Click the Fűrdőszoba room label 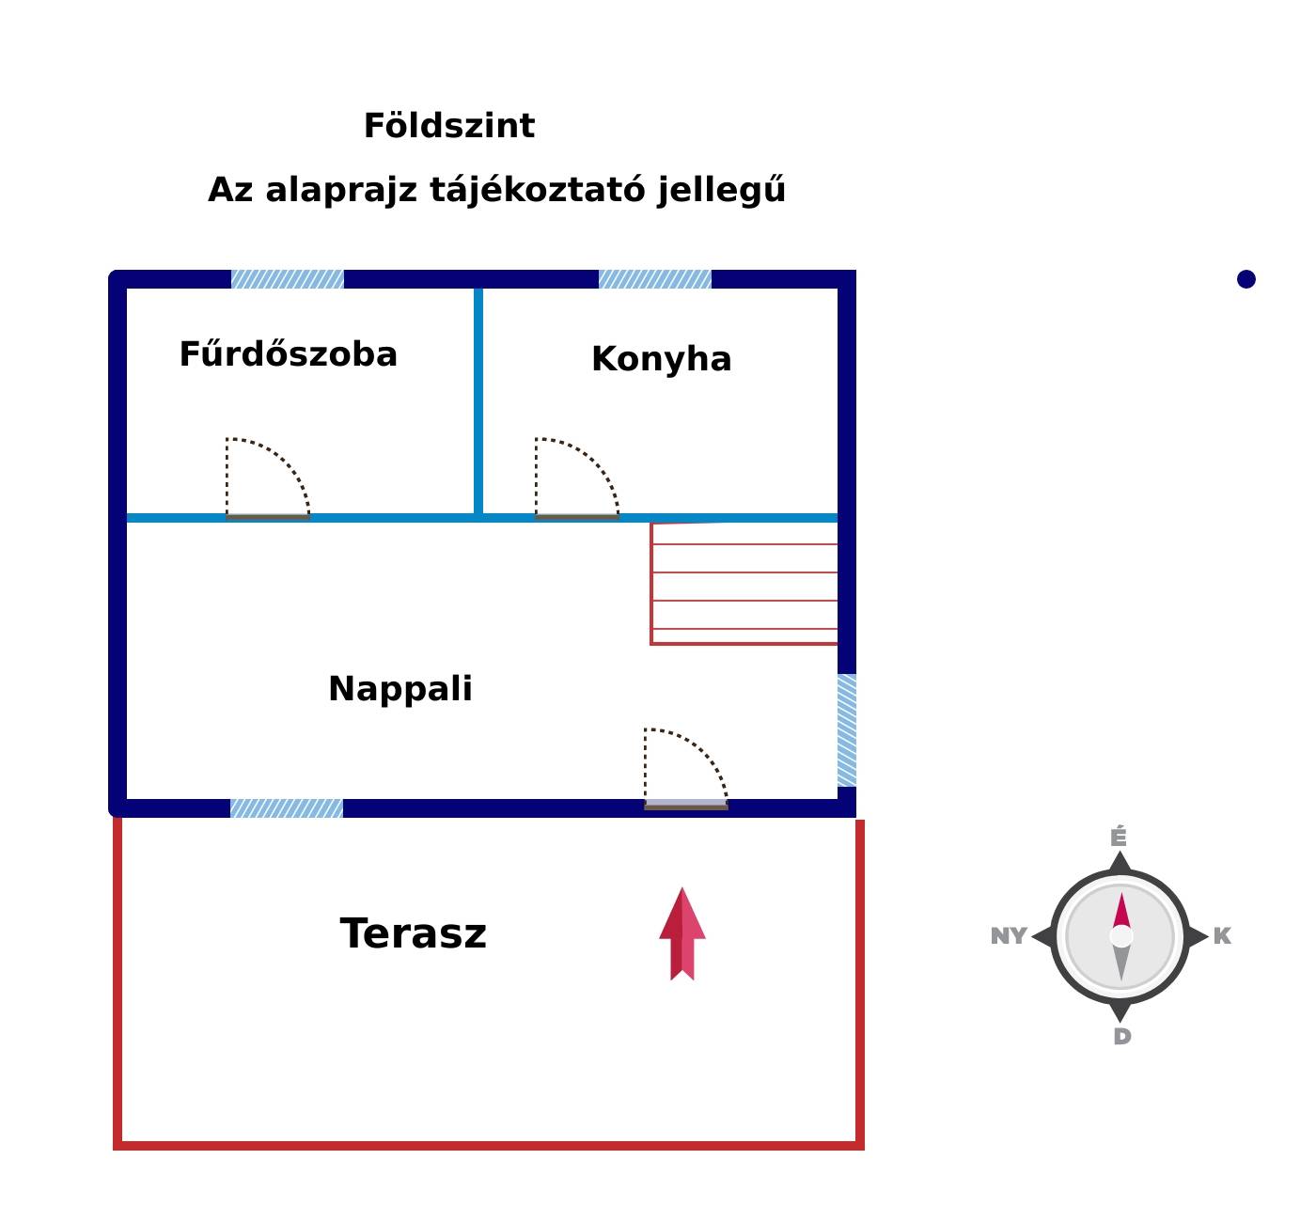click(289, 353)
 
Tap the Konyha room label click(662, 358)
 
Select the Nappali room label click(400, 688)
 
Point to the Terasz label click(413, 933)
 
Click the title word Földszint click(448, 125)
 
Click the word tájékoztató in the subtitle click(537, 190)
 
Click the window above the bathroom click(287, 279)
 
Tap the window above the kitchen click(654, 279)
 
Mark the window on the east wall click(846, 730)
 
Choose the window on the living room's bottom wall click(287, 808)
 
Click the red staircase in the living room click(744, 583)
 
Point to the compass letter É click(1118, 837)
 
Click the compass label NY click(1009, 936)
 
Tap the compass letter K click(1222, 936)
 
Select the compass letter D click(1121, 1037)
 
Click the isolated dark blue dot click(1245, 279)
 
